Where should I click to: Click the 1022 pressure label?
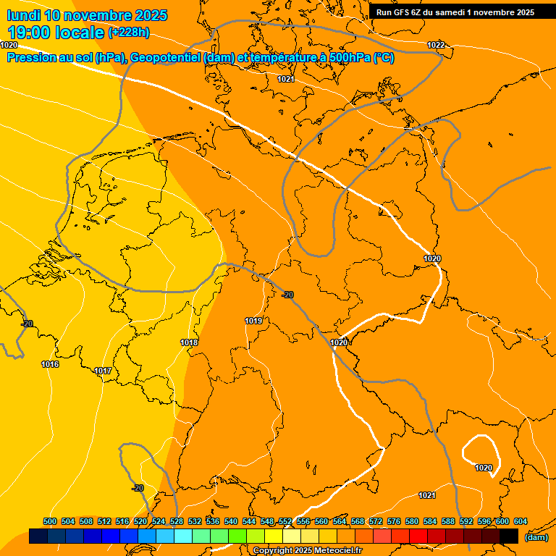pos(436,45)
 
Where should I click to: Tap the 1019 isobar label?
pos(253,321)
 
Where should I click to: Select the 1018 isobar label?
pos(190,342)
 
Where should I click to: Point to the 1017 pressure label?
pos(103,371)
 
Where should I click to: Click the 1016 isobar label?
pos(50,364)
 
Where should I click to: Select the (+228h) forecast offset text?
pos(129,32)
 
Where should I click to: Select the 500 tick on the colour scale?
pos(50,521)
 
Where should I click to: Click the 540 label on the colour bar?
pos(231,521)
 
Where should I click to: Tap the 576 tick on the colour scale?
pos(394,521)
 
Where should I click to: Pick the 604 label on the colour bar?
pos(521,521)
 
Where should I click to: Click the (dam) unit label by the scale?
pos(536,537)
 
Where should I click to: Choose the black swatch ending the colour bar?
pos(509,536)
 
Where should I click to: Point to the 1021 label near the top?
pos(286,79)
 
